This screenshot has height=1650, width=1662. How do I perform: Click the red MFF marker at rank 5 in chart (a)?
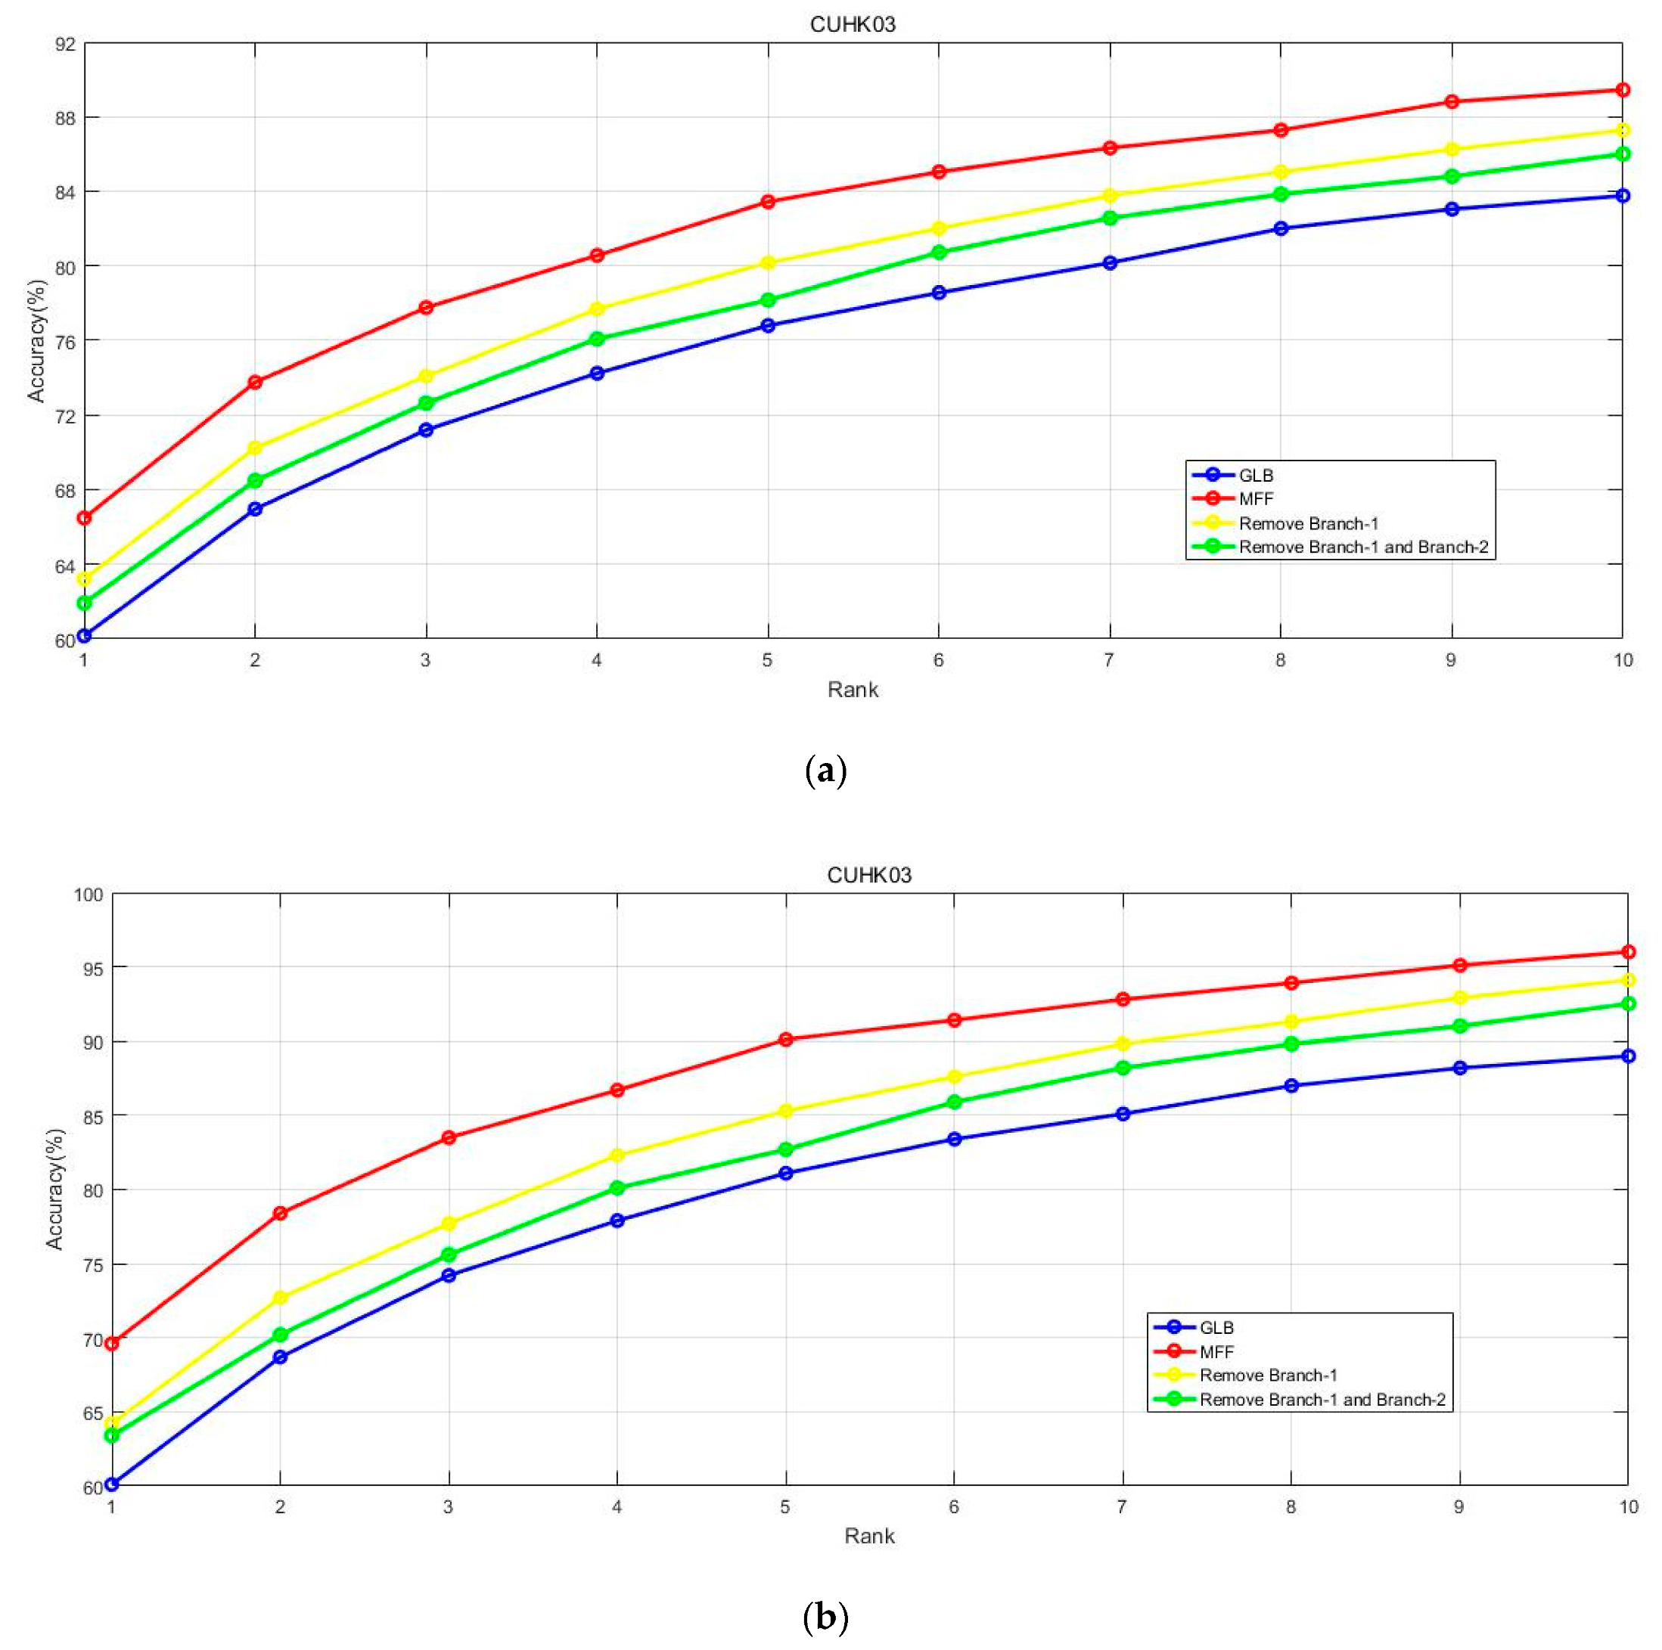point(767,202)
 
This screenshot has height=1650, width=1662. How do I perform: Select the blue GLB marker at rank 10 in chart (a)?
point(1622,196)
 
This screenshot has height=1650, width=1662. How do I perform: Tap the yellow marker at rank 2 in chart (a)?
point(255,448)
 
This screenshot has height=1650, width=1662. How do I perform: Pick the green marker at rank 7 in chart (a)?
point(1110,219)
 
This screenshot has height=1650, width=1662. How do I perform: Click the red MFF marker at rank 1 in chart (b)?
point(112,1343)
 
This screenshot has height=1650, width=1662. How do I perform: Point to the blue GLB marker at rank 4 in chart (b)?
point(617,1220)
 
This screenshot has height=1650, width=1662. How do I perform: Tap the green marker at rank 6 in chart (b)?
point(954,1103)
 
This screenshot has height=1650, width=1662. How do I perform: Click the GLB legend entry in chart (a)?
point(1255,476)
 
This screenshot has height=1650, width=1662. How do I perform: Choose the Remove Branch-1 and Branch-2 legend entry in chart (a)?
point(1362,547)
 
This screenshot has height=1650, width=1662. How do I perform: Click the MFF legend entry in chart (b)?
point(1216,1351)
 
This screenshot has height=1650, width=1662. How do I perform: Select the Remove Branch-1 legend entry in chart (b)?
point(1268,1375)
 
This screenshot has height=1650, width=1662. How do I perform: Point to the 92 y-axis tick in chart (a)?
point(64,44)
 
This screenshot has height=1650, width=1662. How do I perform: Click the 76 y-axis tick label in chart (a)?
point(64,341)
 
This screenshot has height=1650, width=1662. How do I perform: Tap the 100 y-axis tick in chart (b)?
point(88,895)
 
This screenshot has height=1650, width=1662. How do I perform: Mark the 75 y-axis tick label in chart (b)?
point(92,1266)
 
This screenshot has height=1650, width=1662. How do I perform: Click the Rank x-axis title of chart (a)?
point(853,690)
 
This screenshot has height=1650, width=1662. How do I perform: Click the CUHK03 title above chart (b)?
point(869,876)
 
